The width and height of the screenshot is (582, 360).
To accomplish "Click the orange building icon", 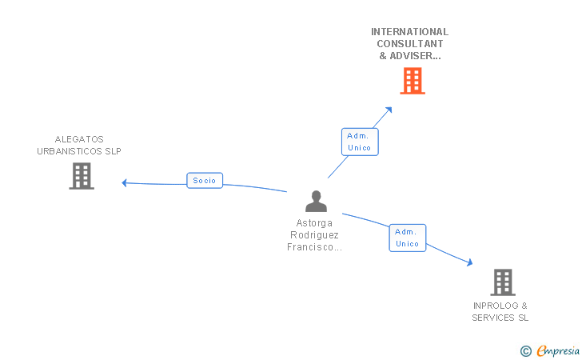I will point(412,81).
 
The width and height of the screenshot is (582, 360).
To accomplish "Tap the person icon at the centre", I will point(317,201).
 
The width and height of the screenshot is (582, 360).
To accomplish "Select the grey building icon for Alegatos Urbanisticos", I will point(82,176).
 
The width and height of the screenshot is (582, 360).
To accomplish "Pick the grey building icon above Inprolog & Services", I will point(502,282).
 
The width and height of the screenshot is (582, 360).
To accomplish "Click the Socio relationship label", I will point(204,181).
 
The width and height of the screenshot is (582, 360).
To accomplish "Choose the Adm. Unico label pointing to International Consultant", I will point(359,142).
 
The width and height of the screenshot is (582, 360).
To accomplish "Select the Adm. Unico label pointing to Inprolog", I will point(407,238).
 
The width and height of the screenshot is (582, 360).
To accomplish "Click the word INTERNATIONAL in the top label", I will point(409,32).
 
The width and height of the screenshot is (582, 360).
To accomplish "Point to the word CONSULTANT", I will point(409,44).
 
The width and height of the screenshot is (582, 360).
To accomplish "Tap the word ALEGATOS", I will point(79,139).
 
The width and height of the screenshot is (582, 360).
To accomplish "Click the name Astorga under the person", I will point(316,222).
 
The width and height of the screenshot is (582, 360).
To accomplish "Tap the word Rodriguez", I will point(316,234).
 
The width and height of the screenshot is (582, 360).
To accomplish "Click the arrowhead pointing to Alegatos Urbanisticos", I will point(125,182).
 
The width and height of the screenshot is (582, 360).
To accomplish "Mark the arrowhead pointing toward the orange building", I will point(389,110).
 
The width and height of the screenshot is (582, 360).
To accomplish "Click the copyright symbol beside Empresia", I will point(525,350).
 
